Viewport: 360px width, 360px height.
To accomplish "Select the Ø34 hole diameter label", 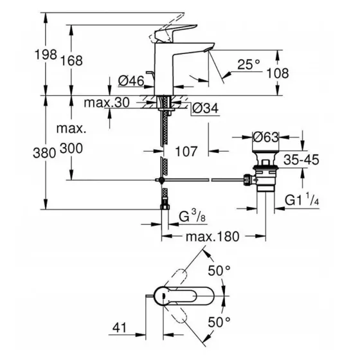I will pos(205,109).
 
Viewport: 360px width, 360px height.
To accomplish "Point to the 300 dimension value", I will pos(71,148).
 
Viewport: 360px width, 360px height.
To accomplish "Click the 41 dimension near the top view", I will pos(120,328).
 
